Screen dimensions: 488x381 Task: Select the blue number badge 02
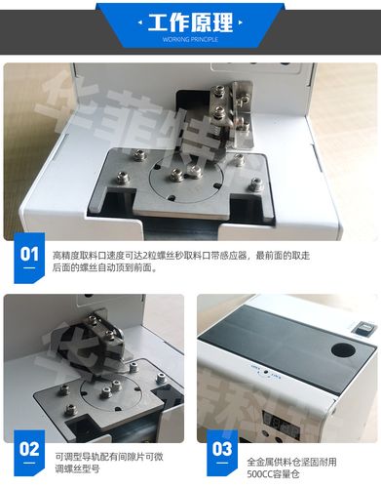coord(29,450)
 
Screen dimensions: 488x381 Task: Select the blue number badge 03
coord(222,450)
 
